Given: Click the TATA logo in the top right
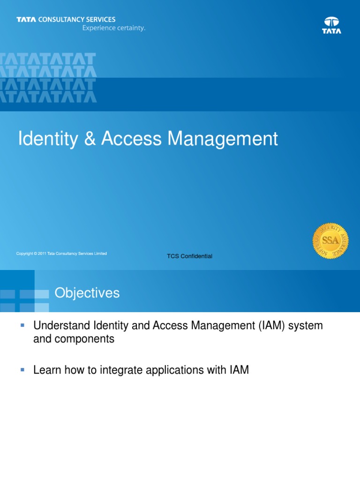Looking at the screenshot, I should tap(331, 25).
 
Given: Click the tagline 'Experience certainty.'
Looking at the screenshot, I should tap(114, 28).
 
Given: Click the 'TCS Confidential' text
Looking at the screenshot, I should tap(190, 256).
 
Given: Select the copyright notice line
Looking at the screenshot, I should tap(61, 254).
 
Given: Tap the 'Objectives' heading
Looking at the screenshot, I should tap(87, 293).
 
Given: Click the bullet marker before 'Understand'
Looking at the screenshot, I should tap(22, 325).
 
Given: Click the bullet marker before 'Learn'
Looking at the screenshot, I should tap(22, 370).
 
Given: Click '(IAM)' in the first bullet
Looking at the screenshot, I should tap(271, 326).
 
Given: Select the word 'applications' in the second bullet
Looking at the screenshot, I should tap(178, 370).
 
